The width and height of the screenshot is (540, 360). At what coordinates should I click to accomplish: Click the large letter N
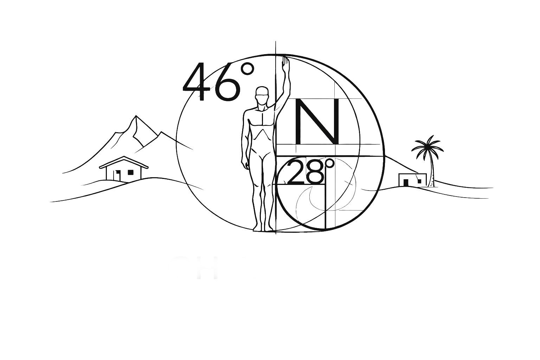[x=317, y=122]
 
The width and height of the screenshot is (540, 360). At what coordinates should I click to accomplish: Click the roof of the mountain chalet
[x=123, y=162]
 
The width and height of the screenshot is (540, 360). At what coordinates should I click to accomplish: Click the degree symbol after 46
[x=248, y=69]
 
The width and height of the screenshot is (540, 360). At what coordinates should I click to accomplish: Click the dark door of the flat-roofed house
[x=406, y=182]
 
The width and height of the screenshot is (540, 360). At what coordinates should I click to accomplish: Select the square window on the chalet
[x=131, y=172]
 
